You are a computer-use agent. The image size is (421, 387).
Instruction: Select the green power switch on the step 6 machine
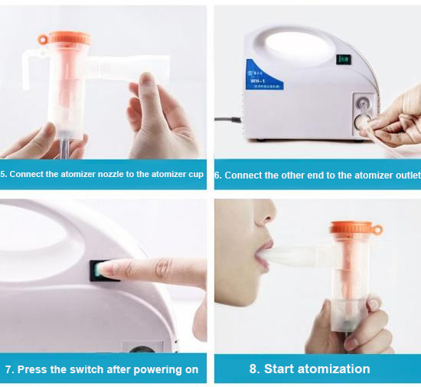[x=344, y=59]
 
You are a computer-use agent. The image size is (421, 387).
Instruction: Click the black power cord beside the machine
[x=225, y=120]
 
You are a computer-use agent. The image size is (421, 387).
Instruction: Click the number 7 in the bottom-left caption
[x=8, y=369]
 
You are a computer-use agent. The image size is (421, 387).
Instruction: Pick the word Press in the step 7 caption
[x=31, y=369]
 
